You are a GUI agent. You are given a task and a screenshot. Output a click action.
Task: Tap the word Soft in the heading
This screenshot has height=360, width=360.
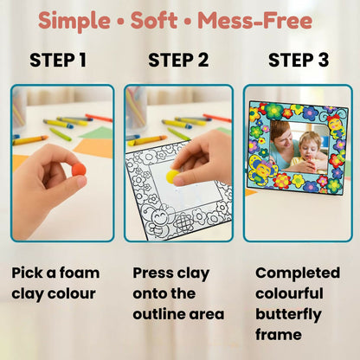click(161, 21)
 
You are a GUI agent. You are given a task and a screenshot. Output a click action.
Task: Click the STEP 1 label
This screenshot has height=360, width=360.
click(58, 61)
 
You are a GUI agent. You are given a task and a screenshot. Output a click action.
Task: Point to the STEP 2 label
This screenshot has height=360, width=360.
click(178, 61)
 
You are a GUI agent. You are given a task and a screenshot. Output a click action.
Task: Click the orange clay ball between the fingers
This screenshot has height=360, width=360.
click(79, 170)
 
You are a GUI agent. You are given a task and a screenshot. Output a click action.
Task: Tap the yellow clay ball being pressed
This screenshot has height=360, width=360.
click(172, 176)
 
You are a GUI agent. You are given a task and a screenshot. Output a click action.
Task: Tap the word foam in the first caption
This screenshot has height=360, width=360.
click(75, 273)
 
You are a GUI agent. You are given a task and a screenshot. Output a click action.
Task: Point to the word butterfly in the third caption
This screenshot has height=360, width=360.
click(288, 315)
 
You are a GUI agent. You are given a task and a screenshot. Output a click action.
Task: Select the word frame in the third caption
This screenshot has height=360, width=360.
click(277, 336)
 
